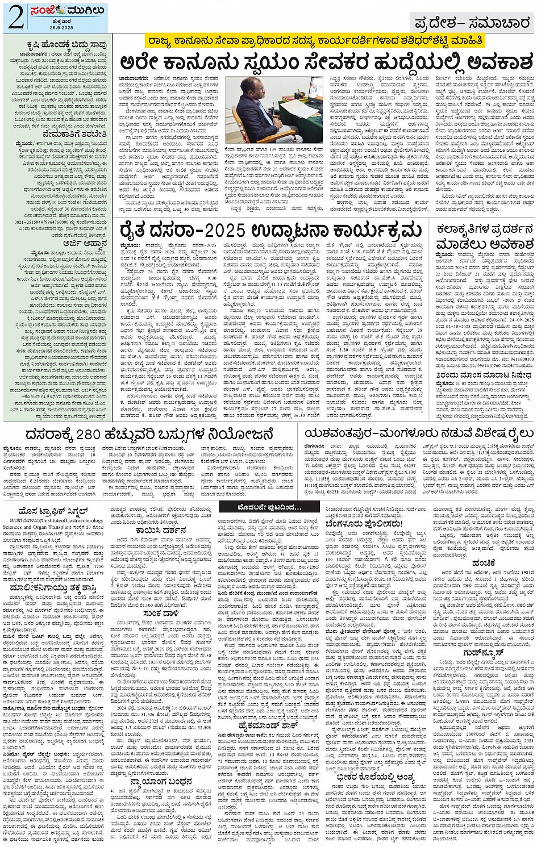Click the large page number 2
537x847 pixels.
pyautogui.click(x=15, y=17)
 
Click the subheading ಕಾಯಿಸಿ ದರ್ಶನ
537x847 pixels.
pyautogui.click(x=161, y=531)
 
